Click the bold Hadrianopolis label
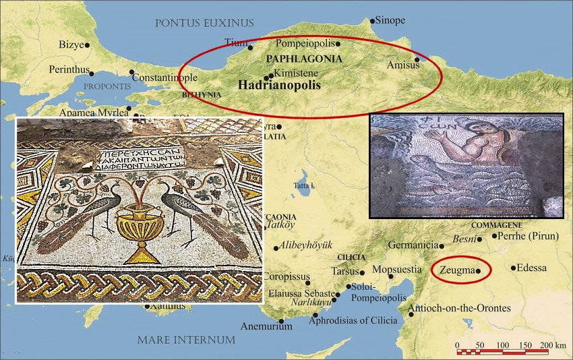click(279, 86)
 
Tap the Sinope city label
click(390, 20)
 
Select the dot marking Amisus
click(417, 60)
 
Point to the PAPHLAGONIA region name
click(305, 59)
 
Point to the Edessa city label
click(533, 268)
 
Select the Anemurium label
click(267, 327)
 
